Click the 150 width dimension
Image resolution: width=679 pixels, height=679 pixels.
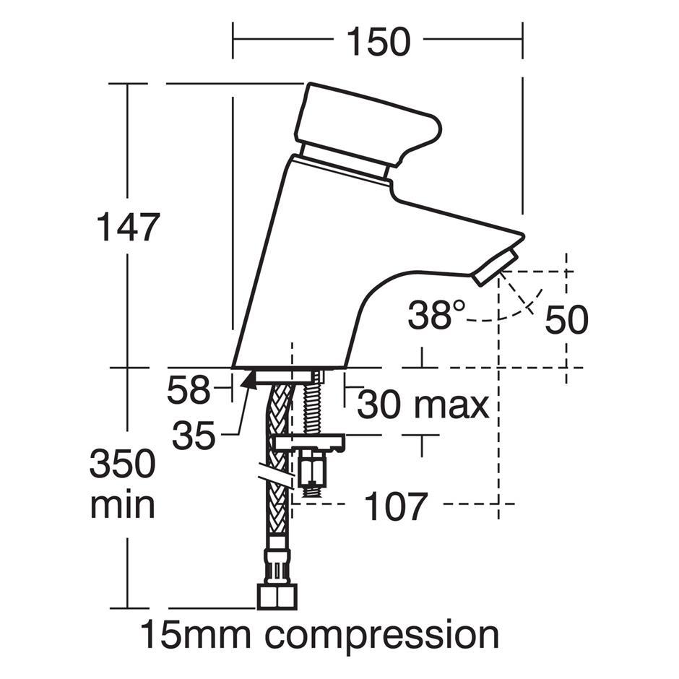click(x=378, y=42)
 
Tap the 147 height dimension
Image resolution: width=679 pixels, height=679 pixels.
click(x=128, y=227)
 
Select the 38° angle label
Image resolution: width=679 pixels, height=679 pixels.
click(x=436, y=314)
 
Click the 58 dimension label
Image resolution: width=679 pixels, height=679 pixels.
click(x=189, y=390)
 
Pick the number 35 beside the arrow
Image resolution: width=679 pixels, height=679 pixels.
click(x=194, y=435)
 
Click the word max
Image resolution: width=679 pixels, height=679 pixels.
click(x=451, y=407)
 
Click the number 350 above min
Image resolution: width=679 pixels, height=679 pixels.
click(x=123, y=464)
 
